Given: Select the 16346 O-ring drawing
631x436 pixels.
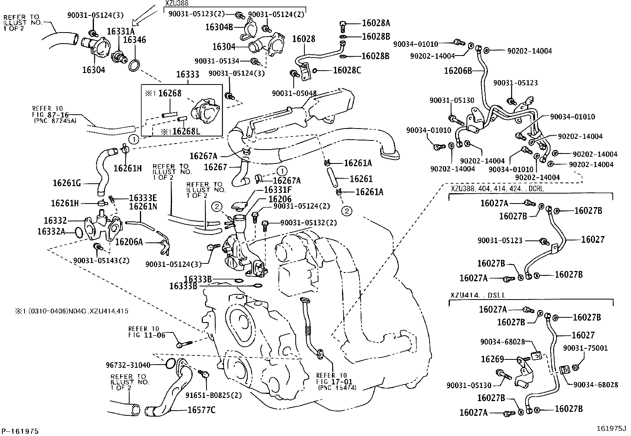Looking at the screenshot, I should (x=134, y=66).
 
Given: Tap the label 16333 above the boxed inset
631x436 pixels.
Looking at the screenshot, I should (x=187, y=75).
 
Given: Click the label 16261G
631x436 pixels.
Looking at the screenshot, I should (x=67, y=183).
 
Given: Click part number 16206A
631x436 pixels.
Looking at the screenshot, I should (x=128, y=242).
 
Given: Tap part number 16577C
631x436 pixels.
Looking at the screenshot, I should (x=201, y=410).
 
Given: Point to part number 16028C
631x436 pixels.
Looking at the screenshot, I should (x=347, y=71).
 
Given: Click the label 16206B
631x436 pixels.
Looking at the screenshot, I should (x=458, y=71).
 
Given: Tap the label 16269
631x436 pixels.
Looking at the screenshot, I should (x=492, y=359).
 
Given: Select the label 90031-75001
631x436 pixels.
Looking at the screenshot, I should (x=585, y=348).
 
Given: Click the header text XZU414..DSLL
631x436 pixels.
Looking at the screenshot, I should (x=474, y=295).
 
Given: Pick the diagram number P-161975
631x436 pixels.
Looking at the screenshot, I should (x=21, y=431).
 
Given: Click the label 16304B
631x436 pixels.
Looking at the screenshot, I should (x=218, y=27).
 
